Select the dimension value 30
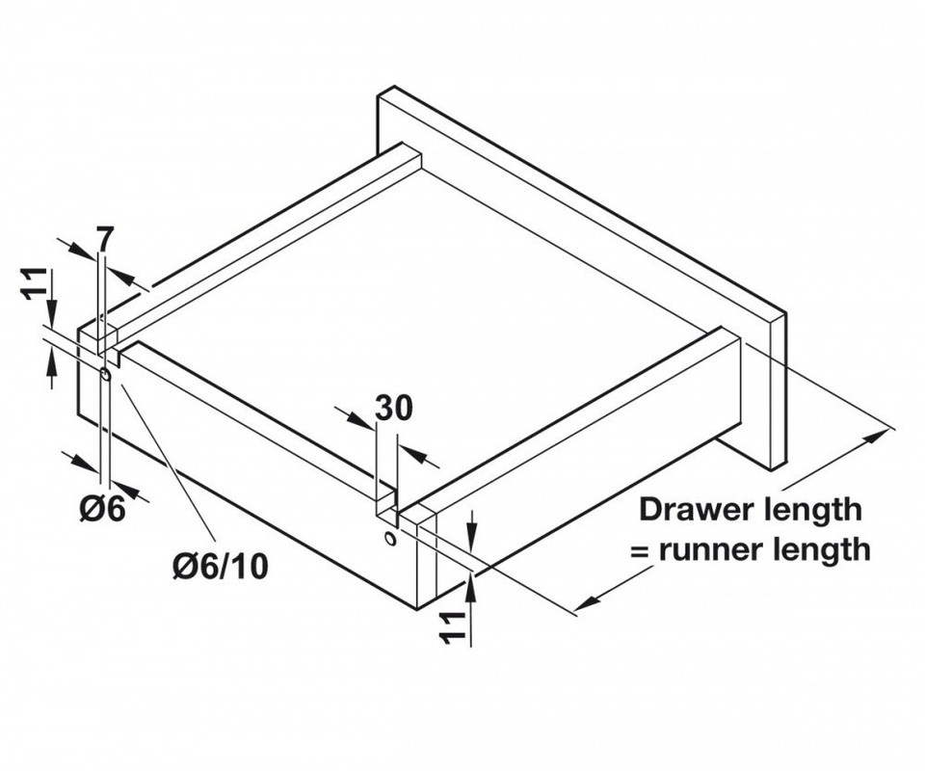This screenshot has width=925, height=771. point(393,409)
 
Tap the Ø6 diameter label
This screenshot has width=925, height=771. point(103,509)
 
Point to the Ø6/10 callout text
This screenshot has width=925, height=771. point(221,566)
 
